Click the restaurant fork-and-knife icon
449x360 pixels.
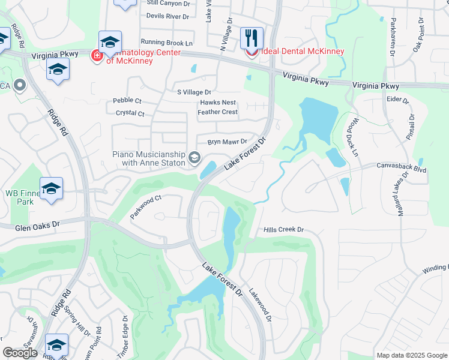252,38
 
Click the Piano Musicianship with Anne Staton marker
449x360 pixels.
194,157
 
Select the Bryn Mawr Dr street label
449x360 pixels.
228,142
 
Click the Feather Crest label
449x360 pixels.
218,112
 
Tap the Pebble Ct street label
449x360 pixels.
127,101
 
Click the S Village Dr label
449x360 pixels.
194,92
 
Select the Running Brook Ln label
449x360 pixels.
167,43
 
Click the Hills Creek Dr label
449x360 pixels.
285,230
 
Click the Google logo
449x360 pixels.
20,353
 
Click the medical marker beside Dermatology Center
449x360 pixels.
96,56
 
